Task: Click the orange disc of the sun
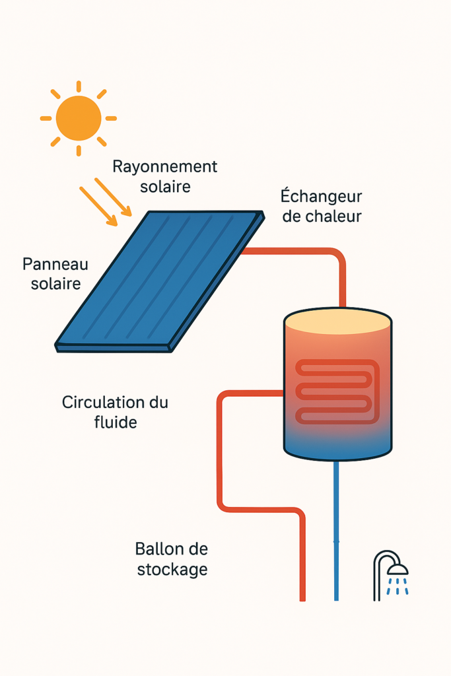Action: click(x=78, y=118)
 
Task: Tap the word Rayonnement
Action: click(x=164, y=166)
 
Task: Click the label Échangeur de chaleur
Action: click(x=322, y=206)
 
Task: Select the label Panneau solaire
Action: click(x=55, y=274)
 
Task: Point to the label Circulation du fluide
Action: click(x=115, y=411)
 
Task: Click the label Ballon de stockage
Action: click(x=172, y=558)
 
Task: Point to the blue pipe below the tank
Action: click(x=336, y=528)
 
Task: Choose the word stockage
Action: click(x=172, y=569)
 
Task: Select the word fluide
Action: click(x=116, y=422)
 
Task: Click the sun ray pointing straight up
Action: click(x=78, y=86)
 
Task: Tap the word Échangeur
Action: click(x=322, y=196)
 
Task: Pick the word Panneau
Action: click(x=55, y=264)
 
